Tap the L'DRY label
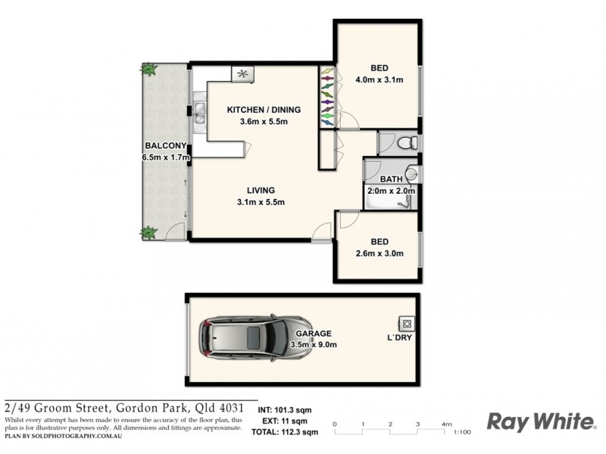click(x=399, y=337)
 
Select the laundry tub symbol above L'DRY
click(x=406, y=322)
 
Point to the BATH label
click(x=391, y=179)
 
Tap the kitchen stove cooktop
click(x=244, y=74)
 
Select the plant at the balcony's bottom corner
click(x=149, y=232)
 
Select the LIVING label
click(x=260, y=191)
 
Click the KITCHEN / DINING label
click(x=264, y=110)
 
